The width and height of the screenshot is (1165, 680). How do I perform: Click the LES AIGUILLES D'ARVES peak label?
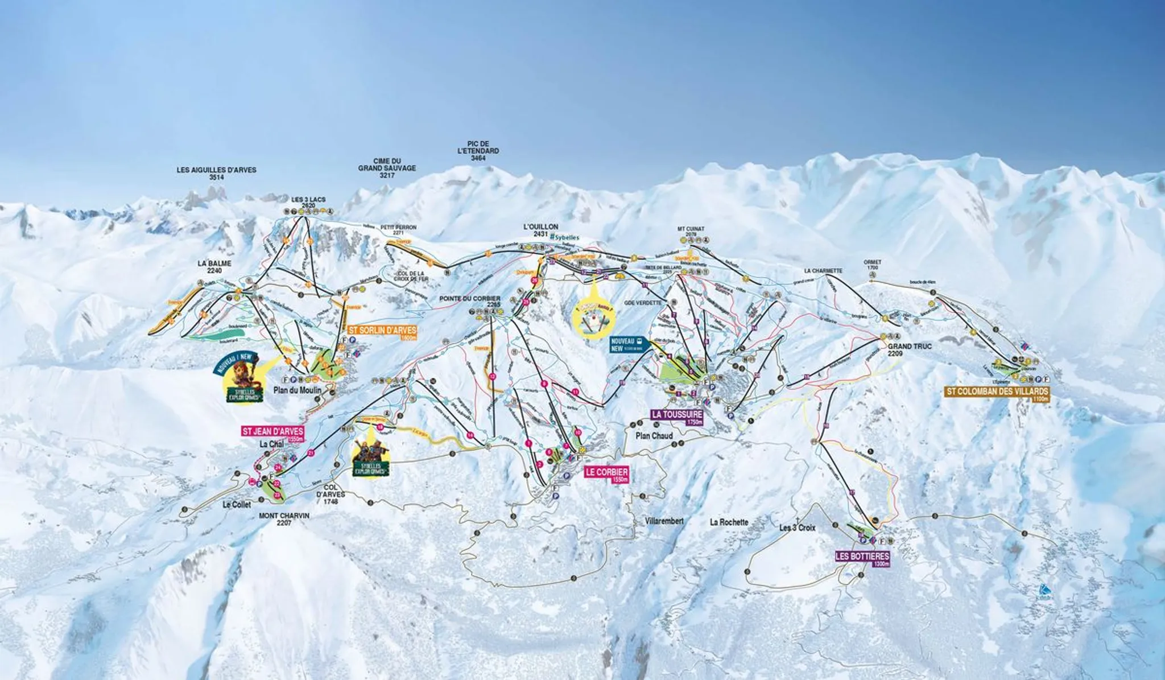[x=216, y=173]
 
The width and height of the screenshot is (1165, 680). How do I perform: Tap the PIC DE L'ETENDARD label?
[x=478, y=151]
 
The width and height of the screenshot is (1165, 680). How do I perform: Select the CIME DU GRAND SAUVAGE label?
[x=387, y=168]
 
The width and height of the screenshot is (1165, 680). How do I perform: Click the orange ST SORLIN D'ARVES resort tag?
[x=382, y=331]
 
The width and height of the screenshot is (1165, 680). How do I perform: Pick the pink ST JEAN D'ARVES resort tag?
[x=272, y=432]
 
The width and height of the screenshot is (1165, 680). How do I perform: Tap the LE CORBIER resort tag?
[x=607, y=472]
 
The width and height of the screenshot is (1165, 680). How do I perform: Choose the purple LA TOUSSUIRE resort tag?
[x=677, y=415]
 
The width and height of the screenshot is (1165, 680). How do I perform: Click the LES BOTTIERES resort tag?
[x=862, y=557]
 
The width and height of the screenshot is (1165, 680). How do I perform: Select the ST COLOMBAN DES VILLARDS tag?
[x=997, y=391]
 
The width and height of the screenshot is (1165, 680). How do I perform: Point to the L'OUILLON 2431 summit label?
[x=540, y=230]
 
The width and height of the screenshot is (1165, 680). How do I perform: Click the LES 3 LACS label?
[x=308, y=202]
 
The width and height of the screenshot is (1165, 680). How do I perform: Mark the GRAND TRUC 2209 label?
[x=910, y=349]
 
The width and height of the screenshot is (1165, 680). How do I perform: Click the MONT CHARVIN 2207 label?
[x=284, y=519]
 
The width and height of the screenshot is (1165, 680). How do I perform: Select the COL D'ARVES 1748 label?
[x=331, y=494]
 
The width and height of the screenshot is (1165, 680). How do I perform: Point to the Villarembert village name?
[x=664, y=521]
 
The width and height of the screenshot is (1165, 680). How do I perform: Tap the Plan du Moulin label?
[x=297, y=390]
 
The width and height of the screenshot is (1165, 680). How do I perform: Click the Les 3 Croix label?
[x=797, y=527]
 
